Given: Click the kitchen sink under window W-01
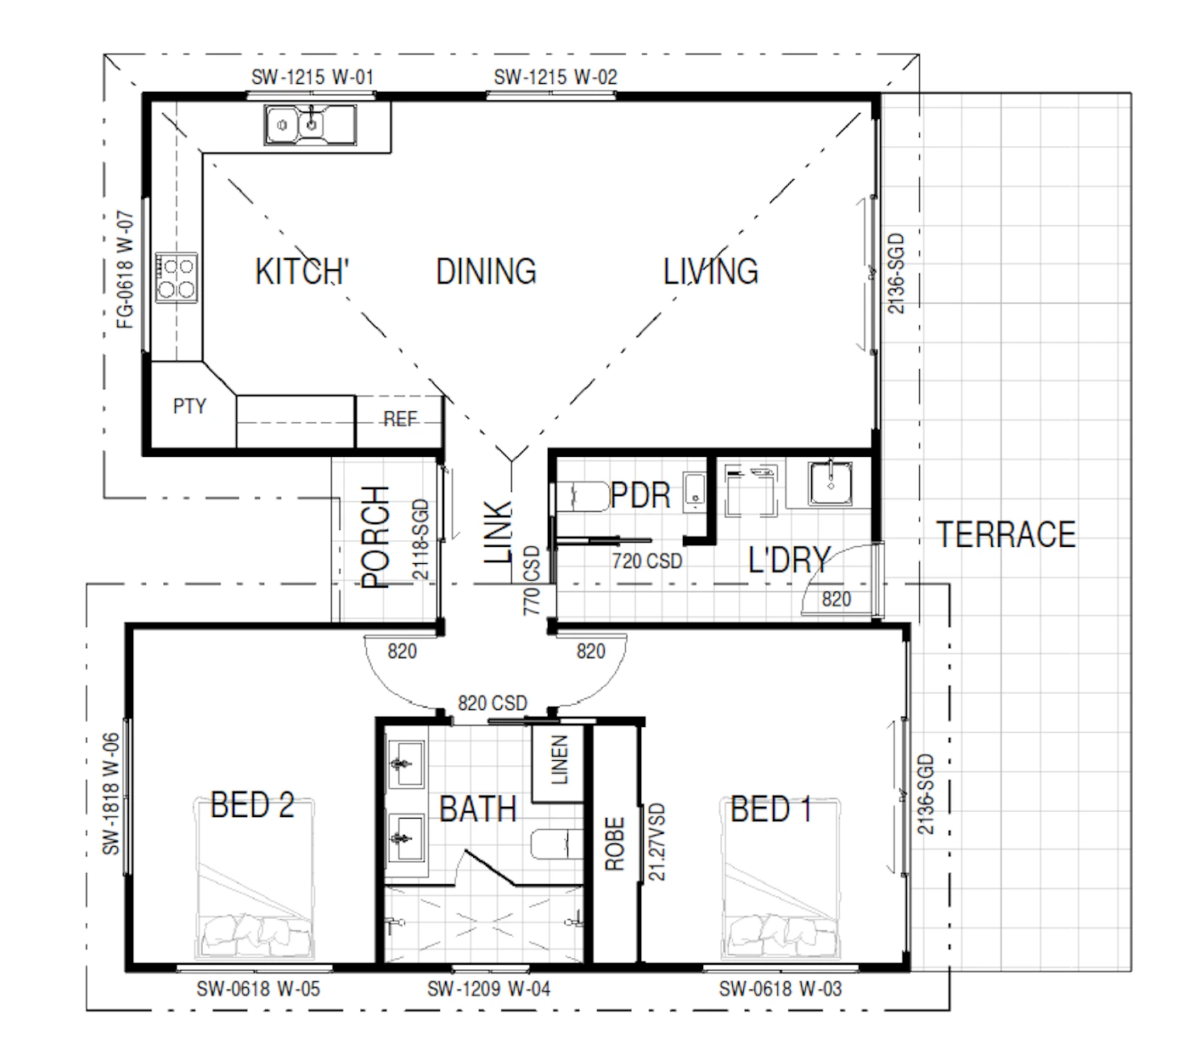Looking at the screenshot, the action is (x=310, y=124).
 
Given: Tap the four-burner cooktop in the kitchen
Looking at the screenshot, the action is (x=176, y=277).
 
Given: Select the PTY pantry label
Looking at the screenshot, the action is (x=189, y=405).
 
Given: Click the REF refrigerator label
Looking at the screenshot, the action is (x=400, y=419).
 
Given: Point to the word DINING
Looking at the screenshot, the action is (x=486, y=271).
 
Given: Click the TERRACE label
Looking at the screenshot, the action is (x=1006, y=534).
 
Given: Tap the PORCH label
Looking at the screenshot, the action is (x=375, y=538).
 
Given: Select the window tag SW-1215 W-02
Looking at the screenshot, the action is (x=555, y=76).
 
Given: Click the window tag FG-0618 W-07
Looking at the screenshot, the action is (x=125, y=270).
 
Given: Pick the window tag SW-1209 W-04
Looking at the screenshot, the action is (x=488, y=989).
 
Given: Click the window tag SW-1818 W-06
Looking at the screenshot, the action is (x=110, y=793).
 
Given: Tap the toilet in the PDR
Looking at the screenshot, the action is (x=582, y=497).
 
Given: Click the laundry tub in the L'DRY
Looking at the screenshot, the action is (x=831, y=482).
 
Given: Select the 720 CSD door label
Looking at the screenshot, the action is (x=647, y=561).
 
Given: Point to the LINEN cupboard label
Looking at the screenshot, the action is (x=559, y=760).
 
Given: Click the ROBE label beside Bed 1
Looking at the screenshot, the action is (x=615, y=844).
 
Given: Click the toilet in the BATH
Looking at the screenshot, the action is (x=557, y=844).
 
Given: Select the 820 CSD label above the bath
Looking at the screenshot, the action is (x=493, y=703).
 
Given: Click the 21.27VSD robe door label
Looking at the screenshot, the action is (x=656, y=842).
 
